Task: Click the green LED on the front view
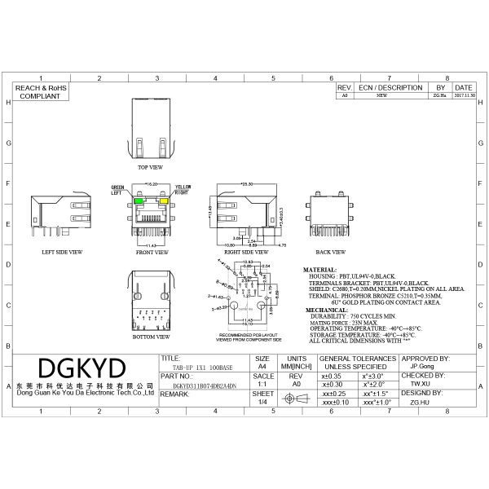(x=139, y=200)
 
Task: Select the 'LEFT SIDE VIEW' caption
(x=62, y=253)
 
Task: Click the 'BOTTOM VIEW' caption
(x=152, y=336)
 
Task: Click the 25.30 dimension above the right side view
(x=247, y=183)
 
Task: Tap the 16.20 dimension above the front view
(x=151, y=184)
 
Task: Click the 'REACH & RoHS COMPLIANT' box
(x=40, y=90)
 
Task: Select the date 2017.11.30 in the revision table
(x=463, y=95)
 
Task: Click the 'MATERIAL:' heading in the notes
(x=319, y=268)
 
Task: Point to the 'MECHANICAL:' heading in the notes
(x=324, y=311)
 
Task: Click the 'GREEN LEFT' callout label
(x=118, y=191)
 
